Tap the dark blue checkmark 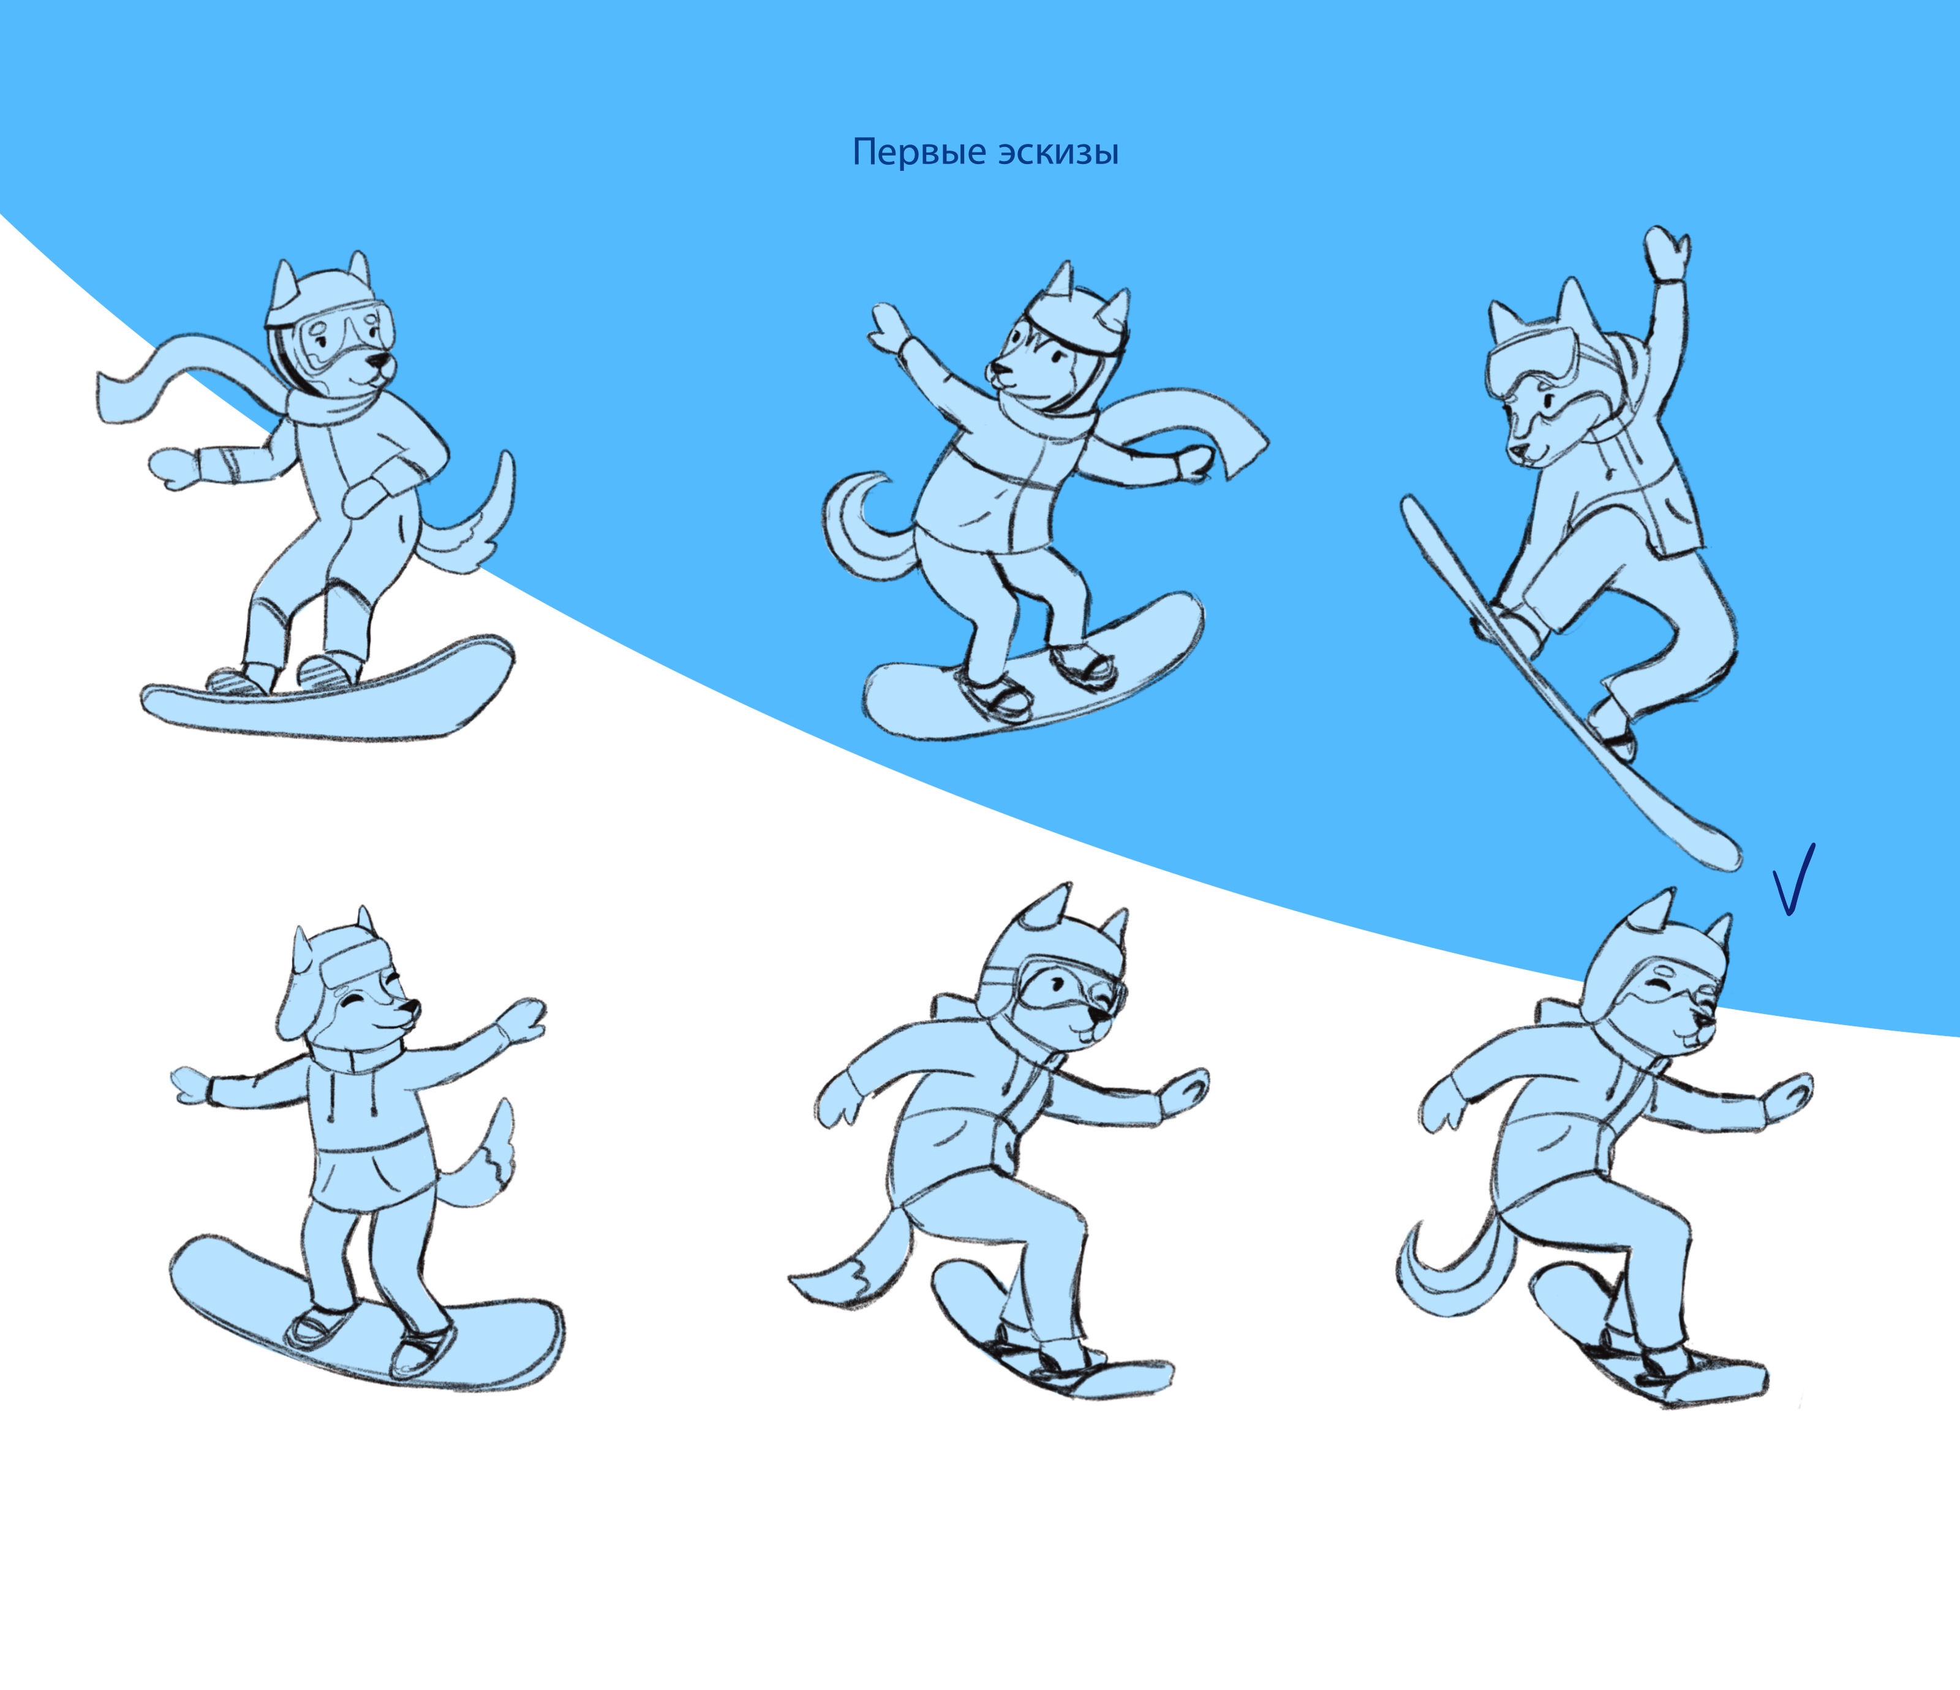1793,879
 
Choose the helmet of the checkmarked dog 1651,964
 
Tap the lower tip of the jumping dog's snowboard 1717,846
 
